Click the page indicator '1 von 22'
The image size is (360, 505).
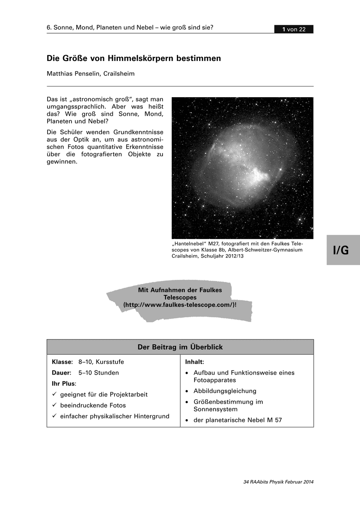(293, 29)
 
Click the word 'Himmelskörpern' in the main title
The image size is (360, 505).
(138, 58)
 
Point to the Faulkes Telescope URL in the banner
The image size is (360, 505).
(180, 304)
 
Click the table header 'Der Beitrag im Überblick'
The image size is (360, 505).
(180, 347)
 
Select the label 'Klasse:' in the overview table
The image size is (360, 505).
(62, 362)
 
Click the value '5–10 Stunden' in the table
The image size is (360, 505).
(99, 373)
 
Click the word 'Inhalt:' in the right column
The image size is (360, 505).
(195, 362)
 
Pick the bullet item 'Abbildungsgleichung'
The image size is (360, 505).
(225, 391)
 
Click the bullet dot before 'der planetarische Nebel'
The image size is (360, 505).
(187, 420)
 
